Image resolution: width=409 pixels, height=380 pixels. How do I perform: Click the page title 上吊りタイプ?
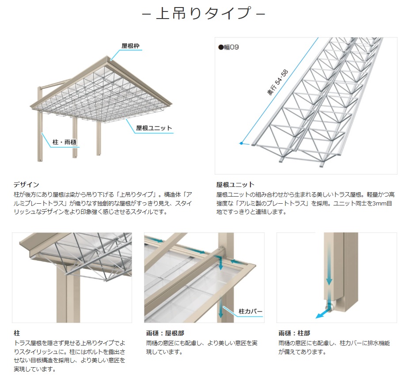click(204, 13)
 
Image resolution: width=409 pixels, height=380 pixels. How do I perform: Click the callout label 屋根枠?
click(130, 46)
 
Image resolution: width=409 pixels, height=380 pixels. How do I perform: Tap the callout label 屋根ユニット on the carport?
click(154, 128)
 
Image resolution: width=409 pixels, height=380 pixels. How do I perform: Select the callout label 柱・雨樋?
click(64, 142)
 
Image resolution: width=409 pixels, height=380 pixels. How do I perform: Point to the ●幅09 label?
click(228, 47)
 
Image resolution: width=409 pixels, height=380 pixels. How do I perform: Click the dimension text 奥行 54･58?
click(277, 82)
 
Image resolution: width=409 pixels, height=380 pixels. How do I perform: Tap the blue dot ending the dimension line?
click(242, 143)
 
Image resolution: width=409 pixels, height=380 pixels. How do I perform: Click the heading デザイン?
click(27, 185)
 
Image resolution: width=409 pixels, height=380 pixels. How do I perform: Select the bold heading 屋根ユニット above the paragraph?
click(235, 185)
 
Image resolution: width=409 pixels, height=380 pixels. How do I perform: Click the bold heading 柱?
click(17, 333)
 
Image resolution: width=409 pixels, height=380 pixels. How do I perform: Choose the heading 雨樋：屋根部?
click(165, 333)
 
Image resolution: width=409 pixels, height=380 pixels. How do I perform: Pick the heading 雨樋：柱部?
click(294, 333)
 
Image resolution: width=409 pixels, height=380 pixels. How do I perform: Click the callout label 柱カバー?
click(250, 311)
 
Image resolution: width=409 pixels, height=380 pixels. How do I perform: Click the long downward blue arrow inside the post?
click(329, 263)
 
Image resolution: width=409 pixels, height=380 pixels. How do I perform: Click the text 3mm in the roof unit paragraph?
click(379, 203)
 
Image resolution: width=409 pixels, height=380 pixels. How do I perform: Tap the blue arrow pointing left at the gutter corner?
click(237, 261)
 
